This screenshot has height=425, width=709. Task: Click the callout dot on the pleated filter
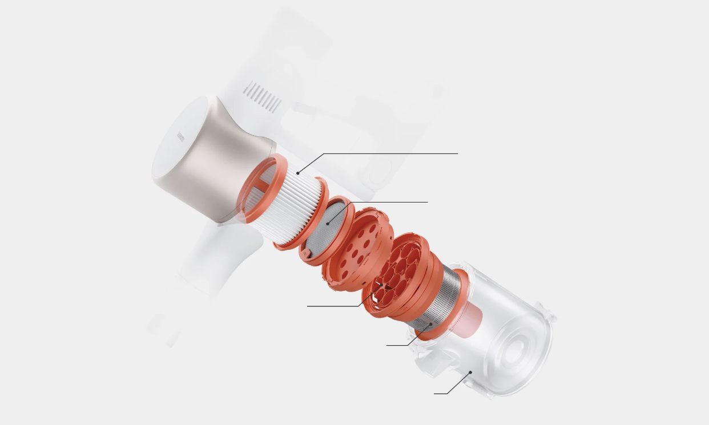[297, 173]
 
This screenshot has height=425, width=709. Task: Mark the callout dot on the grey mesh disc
[328, 224]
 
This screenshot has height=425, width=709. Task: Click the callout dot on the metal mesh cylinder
[431, 324]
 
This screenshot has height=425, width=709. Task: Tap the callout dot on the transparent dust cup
[470, 372]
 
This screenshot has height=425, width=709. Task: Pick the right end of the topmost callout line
[457, 153]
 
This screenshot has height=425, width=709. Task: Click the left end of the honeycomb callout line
[308, 306]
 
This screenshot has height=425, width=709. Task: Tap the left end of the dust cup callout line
[434, 394]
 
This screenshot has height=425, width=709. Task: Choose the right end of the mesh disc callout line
[427, 202]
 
